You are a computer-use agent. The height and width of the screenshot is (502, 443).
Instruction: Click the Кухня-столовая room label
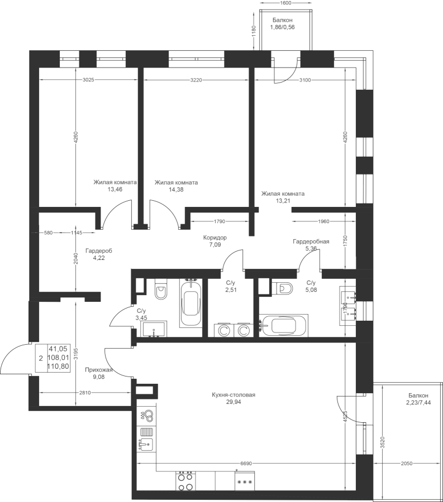pyautogui.click(x=234, y=395)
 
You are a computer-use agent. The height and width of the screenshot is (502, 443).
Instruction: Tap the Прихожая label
pyautogui.click(x=99, y=370)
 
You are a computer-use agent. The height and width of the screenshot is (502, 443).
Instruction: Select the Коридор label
pyautogui.click(x=215, y=238)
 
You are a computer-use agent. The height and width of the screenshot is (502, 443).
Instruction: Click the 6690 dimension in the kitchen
pyautogui.click(x=247, y=464)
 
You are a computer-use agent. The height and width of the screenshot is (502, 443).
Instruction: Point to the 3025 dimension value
pyautogui.click(x=88, y=80)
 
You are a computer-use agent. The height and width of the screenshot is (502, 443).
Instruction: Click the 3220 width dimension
pyautogui.click(x=196, y=80)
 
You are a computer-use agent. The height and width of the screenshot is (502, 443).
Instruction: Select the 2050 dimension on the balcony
pyautogui.click(x=407, y=464)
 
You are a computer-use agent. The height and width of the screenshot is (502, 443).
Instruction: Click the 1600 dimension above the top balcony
pyautogui.click(x=285, y=3)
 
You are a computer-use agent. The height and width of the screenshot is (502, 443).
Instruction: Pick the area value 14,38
pyautogui.click(x=176, y=190)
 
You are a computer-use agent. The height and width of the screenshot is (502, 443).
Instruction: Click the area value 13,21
pyautogui.click(x=283, y=201)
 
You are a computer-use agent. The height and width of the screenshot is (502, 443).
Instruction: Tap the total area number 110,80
pyautogui.click(x=58, y=366)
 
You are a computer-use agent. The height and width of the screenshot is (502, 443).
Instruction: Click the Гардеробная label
pyautogui.click(x=311, y=242)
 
